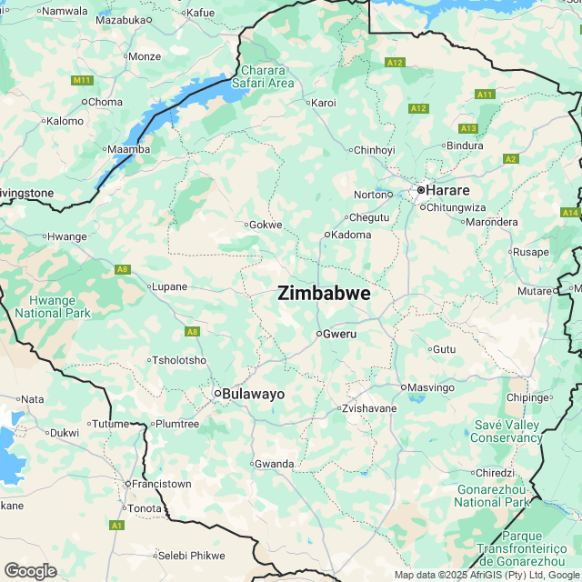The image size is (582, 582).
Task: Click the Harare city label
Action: tap(447, 190)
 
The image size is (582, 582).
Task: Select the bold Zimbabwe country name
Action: tap(324, 293)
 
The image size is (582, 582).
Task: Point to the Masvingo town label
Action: tap(431, 387)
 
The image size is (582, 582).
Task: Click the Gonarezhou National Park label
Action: tap(491, 496)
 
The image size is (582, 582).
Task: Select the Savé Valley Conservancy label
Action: tap(507, 431)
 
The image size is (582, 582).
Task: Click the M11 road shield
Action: tap(82, 81)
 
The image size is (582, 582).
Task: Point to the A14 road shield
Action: tap(570, 212)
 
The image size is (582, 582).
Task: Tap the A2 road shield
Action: tap(510, 159)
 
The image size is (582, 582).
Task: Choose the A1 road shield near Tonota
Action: tap(116, 525)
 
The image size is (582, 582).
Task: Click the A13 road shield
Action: tap(468, 128)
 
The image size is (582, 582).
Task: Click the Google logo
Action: tap(30, 570)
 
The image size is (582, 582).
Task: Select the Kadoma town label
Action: tap(353, 235)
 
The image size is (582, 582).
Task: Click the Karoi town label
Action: tap(324, 103)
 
